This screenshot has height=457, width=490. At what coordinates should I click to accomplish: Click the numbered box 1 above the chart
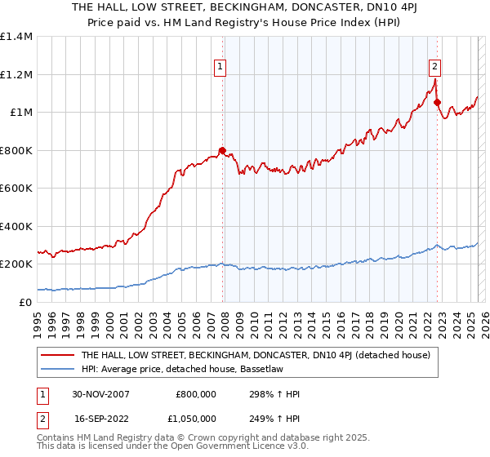(x=221, y=68)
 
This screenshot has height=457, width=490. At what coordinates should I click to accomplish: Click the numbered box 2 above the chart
(x=435, y=68)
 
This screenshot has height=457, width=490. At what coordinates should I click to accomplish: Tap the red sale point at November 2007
(x=222, y=150)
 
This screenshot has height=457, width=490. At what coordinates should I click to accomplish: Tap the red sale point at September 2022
(x=437, y=103)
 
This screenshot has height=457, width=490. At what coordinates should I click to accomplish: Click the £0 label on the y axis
(x=24, y=302)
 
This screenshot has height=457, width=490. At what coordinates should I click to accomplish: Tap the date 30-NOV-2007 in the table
(x=100, y=393)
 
